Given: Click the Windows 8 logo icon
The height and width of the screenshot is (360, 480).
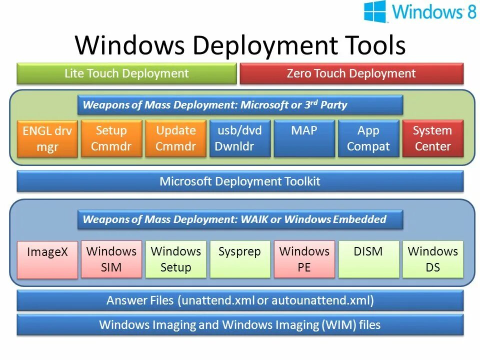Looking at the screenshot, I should pyautogui.click(x=375, y=11).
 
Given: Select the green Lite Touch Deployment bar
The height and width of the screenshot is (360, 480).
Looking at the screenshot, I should pyautogui.click(x=126, y=73).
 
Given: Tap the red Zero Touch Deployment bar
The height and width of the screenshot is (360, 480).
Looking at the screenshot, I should pyautogui.click(x=351, y=73).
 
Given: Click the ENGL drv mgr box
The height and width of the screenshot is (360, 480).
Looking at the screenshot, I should pyautogui.click(x=47, y=139).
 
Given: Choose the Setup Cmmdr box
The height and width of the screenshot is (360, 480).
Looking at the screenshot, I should pyautogui.click(x=111, y=138).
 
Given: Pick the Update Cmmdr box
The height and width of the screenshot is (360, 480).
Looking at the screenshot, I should pyautogui.click(x=175, y=138).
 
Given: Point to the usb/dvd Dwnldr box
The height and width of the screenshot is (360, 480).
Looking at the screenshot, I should pyautogui.click(x=239, y=138).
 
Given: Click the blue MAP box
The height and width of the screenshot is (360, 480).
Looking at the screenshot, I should pyautogui.click(x=304, y=138).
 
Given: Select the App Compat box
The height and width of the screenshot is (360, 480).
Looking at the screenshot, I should pyautogui.click(x=368, y=138).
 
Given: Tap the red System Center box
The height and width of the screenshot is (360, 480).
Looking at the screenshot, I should pyautogui.click(x=432, y=138).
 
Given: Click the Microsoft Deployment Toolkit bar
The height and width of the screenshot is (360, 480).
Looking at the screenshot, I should pyautogui.click(x=240, y=181).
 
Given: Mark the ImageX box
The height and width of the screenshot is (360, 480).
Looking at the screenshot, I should pyautogui.click(x=47, y=260).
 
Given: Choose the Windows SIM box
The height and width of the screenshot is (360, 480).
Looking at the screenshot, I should pyautogui.click(x=111, y=259).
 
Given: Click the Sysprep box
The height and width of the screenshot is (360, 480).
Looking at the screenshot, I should pyautogui.click(x=240, y=259).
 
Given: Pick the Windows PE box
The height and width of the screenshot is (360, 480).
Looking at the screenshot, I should pyautogui.click(x=304, y=259).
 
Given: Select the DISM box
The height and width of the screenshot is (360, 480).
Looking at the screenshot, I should pyautogui.click(x=368, y=259).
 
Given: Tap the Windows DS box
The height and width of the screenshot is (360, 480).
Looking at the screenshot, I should pyautogui.click(x=432, y=259).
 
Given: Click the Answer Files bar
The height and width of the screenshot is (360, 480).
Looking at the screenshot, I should pyautogui.click(x=240, y=300).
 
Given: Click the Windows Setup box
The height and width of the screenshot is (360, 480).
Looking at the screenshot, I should pyautogui.click(x=175, y=259).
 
